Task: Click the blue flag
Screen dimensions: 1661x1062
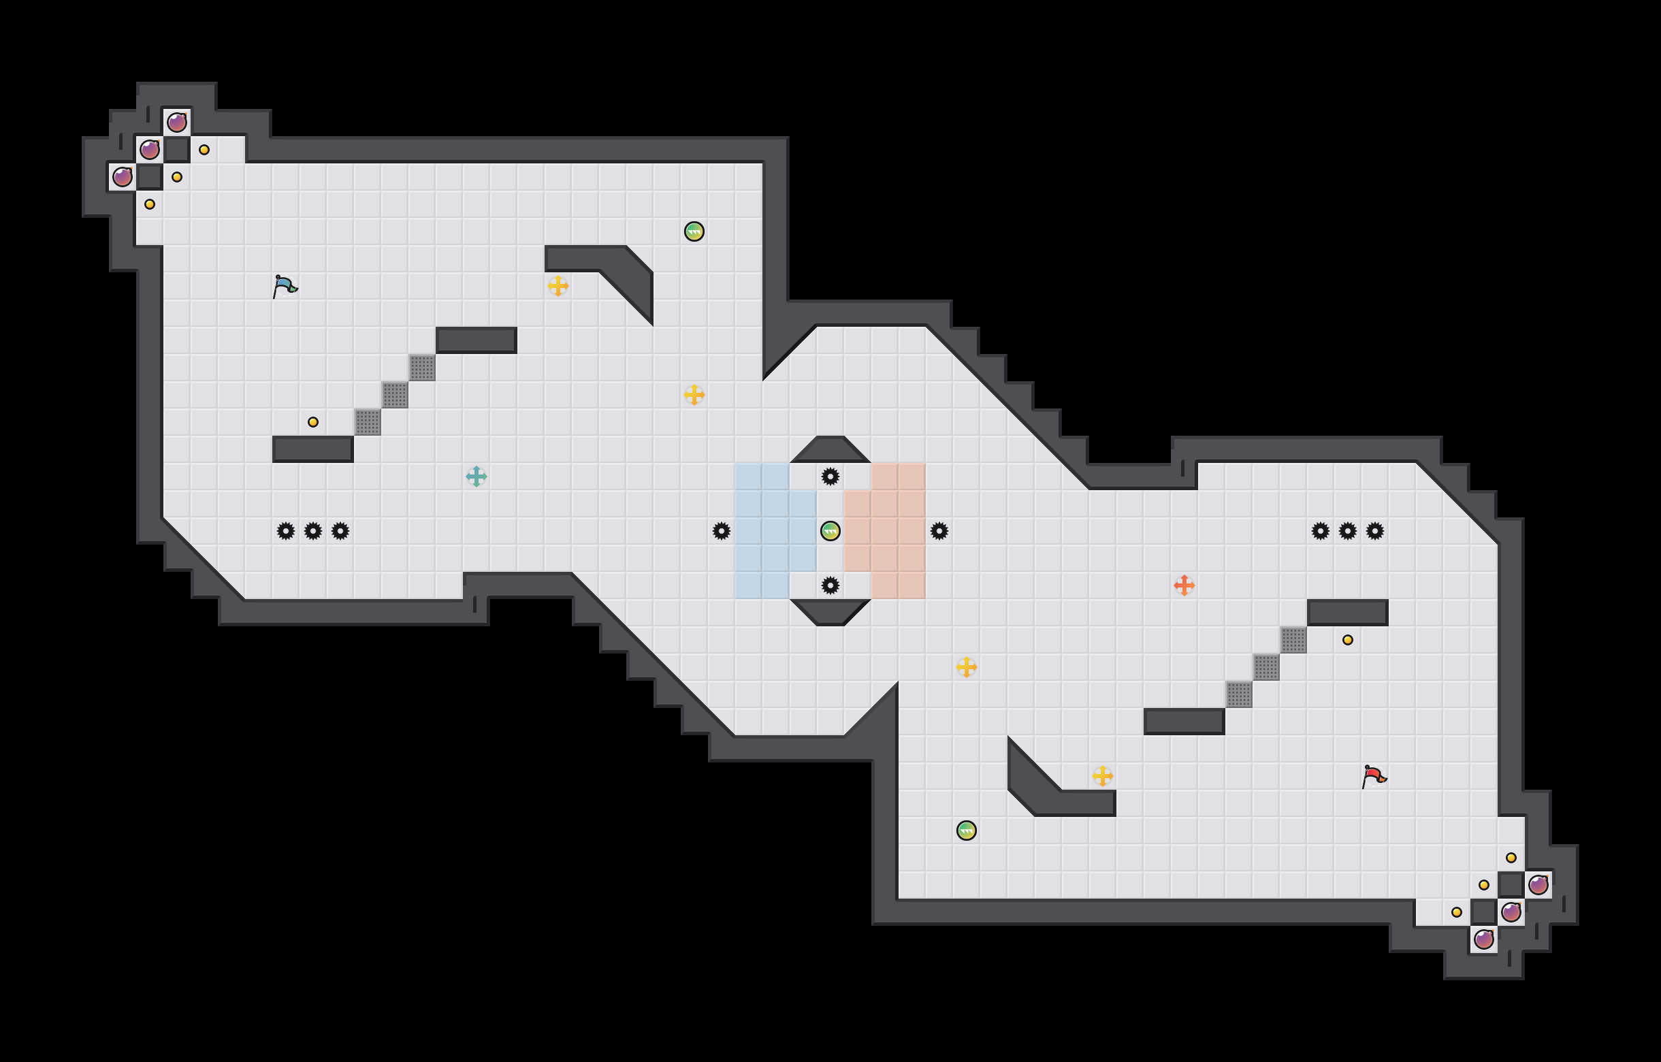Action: pyautogui.click(x=284, y=285)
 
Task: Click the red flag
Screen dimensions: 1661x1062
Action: pyautogui.click(x=1373, y=776)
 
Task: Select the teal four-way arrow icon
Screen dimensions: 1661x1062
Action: pyautogui.click(x=476, y=477)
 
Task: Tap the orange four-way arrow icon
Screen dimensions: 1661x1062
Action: pyautogui.click(x=1184, y=585)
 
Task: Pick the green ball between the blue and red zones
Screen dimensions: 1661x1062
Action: pyautogui.click(x=830, y=531)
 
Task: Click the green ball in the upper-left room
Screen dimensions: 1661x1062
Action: pyautogui.click(x=694, y=231)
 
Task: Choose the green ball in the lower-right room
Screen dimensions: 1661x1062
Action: pyautogui.click(x=967, y=831)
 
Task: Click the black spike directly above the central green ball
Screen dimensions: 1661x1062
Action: pyautogui.click(x=830, y=477)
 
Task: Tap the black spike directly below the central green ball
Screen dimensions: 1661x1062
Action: pyautogui.click(x=830, y=585)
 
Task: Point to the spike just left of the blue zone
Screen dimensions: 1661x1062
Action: pyautogui.click(x=722, y=531)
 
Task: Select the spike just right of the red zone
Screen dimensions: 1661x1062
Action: pyautogui.click(x=939, y=531)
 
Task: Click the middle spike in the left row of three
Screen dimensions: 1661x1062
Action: pyautogui.click(x=313, y=531)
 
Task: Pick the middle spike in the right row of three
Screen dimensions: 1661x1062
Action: pyautogui.click(x=1348, y=531)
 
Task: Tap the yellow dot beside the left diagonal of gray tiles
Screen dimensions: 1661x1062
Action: pyautogui.click(x=313, y=422)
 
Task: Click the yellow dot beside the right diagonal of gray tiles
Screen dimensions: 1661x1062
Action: pyautogui.click(x=1348, y=640)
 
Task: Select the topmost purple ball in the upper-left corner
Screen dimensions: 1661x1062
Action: pyautogui.click(x=177, y=123)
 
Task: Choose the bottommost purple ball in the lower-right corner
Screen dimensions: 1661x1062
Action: pyautogui.click(x=1484, y=939)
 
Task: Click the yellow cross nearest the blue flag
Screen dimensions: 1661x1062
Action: pyautogui.click(x=558, y=285)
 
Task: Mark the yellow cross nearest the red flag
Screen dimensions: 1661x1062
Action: pyautogui.click(x=1103, y=776)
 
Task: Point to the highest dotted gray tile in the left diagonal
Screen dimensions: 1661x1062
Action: pyautogui.click(x=422, y=368)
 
